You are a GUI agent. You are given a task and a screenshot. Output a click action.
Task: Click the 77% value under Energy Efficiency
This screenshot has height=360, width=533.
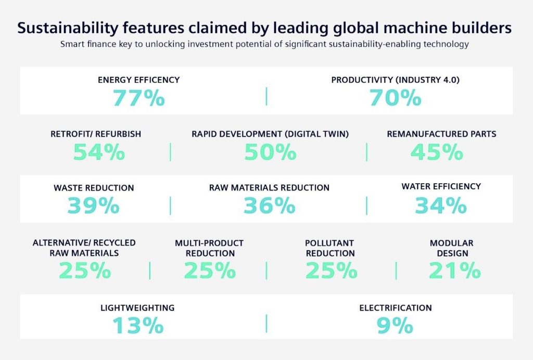(x=138, y=98)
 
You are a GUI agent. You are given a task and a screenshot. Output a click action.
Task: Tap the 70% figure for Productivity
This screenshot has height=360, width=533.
(x=395, y=98)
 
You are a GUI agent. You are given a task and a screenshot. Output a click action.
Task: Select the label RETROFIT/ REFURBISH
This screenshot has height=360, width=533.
(x=96, y=134)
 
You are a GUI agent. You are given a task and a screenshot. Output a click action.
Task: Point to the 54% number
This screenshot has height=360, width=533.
(x=99, y=152)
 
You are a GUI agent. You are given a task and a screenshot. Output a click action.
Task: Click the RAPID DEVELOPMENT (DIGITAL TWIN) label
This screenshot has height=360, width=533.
(x=270, y=134)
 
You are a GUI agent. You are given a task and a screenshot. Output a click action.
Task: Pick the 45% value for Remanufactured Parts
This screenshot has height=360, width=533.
(x=437, y=152)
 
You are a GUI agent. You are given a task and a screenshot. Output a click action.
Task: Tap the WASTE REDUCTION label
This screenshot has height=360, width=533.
(x=94, y=188)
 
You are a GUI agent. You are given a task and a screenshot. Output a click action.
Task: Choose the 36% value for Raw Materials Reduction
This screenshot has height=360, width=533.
(x=269, y=207)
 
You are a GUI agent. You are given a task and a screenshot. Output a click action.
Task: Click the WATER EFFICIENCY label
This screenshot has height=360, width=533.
(x=441, y=186)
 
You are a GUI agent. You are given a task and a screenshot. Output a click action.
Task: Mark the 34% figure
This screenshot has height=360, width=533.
(x=440, y=207)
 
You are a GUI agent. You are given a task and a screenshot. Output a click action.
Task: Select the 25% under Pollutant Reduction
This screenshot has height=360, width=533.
(x=331, y=271)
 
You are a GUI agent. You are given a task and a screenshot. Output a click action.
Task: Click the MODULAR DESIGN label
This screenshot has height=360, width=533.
(x=451, y=248)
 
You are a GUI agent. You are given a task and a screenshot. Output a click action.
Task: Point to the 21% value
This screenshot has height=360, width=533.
(x=454, y=271)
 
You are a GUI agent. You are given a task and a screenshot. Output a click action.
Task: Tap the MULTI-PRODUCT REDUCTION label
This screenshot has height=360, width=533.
(x=209, y=248)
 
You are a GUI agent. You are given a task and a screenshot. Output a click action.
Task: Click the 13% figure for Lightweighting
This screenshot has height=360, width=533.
(x=138, y=326)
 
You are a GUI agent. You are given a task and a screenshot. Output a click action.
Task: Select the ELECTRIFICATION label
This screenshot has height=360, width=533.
(x=396, y=308)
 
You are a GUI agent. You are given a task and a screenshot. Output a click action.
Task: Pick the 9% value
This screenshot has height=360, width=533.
(x=395, y=326)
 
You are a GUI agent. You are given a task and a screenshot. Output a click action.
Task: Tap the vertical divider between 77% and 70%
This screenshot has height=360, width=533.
(x=266, y=96)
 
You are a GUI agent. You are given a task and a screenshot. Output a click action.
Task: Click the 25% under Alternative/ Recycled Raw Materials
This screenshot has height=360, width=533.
(x=84, y=271)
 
